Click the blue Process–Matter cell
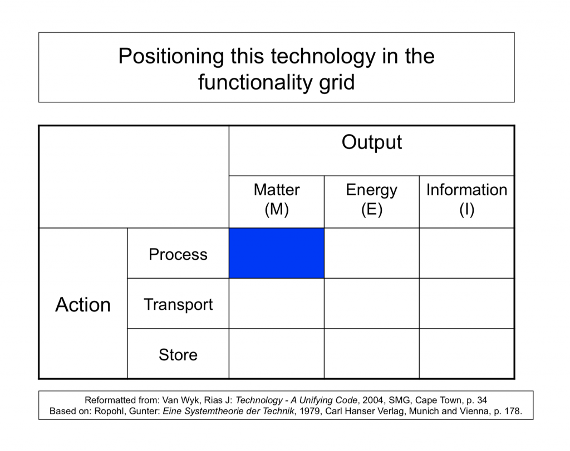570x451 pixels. [277, 253]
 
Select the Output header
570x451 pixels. [371, 142]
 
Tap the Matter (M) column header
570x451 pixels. [277, 199]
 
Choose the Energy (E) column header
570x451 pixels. [371, 199]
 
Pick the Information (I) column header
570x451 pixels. [467, 199]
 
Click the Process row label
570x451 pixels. [178, 254]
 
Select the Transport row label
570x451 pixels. [178, 305]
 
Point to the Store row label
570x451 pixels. [178, 355]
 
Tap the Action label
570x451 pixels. [83, 304]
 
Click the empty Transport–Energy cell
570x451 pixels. [371, 304]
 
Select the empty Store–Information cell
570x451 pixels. [467, 354]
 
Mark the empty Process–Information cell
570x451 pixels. [467, 253]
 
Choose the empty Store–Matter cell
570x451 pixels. [277, 354]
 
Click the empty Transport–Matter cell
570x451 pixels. [277, 304]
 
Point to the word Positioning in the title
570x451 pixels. [171, 57]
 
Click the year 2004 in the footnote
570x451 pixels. [372, 400]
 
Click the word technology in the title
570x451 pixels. [323, 57]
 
